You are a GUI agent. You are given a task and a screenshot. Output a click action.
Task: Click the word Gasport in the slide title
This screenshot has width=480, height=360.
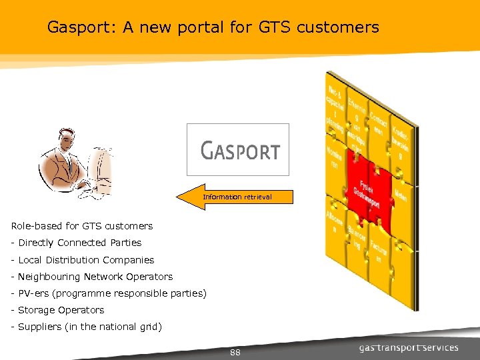click(x=77, y=27)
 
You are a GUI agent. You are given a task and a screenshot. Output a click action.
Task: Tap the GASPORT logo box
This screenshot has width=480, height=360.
click(x=238, y=150)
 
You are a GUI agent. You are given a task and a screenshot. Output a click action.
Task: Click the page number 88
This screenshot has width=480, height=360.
click(x=234, y=352)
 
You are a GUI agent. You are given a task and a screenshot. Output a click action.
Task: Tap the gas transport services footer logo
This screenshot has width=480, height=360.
click(x=408, y=347)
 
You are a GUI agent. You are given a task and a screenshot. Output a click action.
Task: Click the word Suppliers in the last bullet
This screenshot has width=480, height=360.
click(x=39, y=327)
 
